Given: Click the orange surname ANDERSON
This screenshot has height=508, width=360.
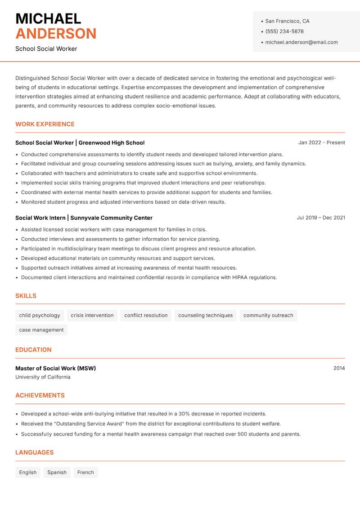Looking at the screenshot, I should point(56,34).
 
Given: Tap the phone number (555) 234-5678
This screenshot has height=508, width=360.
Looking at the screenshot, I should point(284,31).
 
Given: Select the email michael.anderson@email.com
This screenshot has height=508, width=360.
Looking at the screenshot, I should point(301,42).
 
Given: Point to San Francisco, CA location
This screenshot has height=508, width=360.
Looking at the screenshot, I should point(287,21).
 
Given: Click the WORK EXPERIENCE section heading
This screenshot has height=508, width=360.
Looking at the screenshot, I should point(45,124).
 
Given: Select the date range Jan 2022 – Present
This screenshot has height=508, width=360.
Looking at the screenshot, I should point(321,143).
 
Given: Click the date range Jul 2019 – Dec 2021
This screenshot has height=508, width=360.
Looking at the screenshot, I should point(321,218).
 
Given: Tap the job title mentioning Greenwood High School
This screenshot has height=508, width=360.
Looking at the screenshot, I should point(80,143).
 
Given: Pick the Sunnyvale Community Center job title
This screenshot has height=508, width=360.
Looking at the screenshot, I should point(84,218).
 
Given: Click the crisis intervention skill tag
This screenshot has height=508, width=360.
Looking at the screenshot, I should point(92,315).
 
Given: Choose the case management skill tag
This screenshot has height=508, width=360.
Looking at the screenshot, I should point(41,330).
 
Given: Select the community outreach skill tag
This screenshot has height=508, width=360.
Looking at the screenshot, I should point(268,315).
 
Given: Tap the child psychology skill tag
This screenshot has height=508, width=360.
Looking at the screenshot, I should point(40,315).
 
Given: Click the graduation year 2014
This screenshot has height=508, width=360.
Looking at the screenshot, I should point(339,368).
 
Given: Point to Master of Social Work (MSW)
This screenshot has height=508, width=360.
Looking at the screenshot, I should point(55,368).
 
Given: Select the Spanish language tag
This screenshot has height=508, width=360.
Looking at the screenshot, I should point(57,472).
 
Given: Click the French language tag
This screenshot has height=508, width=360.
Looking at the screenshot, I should point(85,472).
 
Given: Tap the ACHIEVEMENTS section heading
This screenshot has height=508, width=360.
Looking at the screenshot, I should point(40,395).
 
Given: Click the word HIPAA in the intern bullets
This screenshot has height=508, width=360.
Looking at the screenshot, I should point(240,277).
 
